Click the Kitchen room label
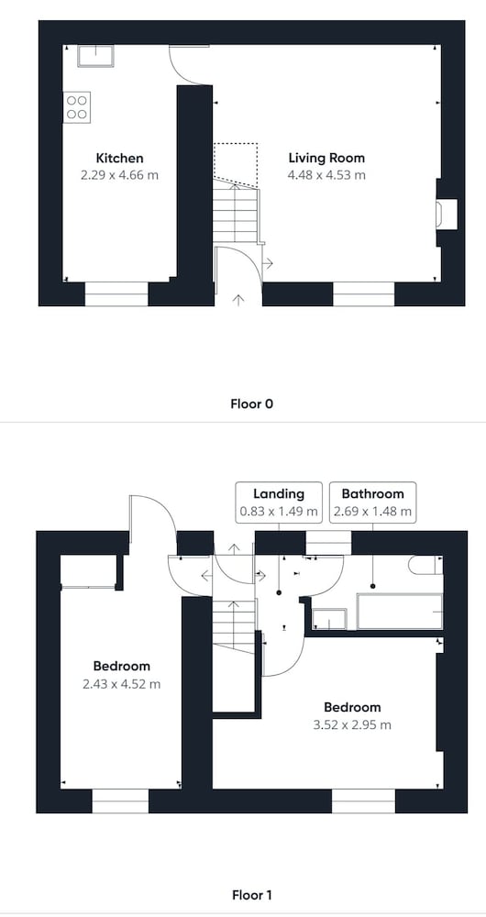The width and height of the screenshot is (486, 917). click(x=119, y=158)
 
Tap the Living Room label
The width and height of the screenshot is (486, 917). click(x=326, y=158)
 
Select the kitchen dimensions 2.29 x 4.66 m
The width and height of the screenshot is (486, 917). click(x=119, y=175)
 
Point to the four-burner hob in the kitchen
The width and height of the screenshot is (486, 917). click(x=77, y=107)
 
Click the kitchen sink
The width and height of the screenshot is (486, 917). click(x=96, y=56)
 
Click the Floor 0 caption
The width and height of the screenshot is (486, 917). click(x=251, y=403)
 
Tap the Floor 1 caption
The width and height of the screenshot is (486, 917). click(x=251, y=895)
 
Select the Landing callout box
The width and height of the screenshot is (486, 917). click(x=279, y=503)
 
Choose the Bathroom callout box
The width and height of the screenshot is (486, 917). click(x=372, y=503)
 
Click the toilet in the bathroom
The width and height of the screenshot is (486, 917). click(x=425, y=565)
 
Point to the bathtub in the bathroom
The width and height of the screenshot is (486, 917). click(x=400, y=612)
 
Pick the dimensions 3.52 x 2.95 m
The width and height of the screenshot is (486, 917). click(x=352, y=725)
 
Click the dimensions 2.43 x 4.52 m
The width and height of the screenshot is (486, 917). click(x=122, y=684)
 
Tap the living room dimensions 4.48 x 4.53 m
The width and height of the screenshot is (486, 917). click(x=326, y=175)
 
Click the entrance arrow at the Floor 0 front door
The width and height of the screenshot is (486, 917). click(x=238, y=301)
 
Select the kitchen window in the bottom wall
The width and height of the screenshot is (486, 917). click(x=116, y=294)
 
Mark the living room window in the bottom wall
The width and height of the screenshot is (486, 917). click(x=364, y=294)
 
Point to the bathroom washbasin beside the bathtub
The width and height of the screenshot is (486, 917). click(x=329, y=619)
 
